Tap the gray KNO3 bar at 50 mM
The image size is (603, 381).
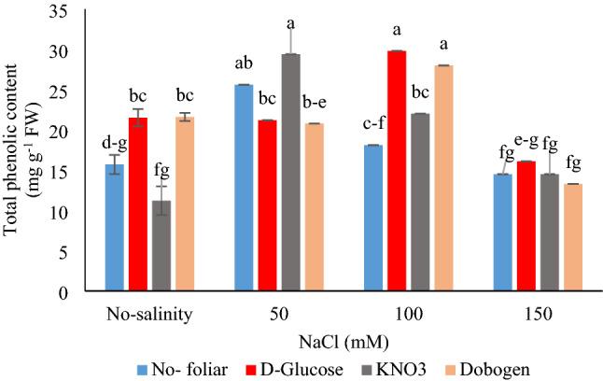[x=290, y=173]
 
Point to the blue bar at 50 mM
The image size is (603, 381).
[x=245, y=188]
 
